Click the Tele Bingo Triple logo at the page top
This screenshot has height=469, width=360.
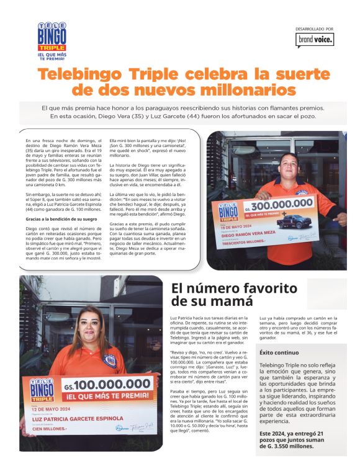point(52,40)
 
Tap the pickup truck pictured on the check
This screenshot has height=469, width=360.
point(292,221)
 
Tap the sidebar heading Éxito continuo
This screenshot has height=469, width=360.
point(278,352)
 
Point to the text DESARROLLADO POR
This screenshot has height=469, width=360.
point(315,29)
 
